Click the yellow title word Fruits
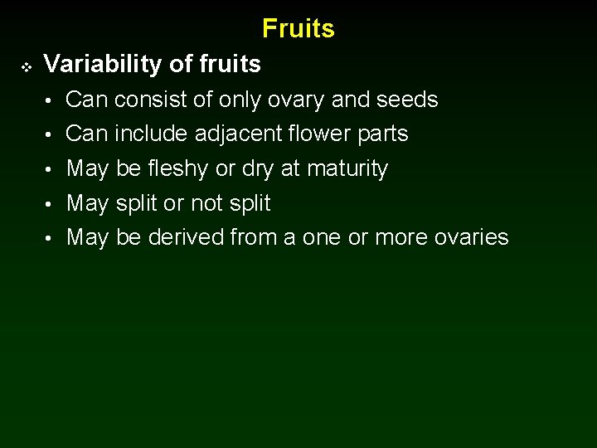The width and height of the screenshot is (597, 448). point(298,29)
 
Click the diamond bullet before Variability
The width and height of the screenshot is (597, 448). point(24,65)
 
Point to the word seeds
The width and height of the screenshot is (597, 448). point(406,100)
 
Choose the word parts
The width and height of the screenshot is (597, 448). point(382,134)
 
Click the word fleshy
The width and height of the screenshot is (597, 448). point(178,169)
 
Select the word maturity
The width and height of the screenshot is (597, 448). point(347,169)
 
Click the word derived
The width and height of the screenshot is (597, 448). point(185,238)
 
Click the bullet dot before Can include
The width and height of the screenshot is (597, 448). point(50,134)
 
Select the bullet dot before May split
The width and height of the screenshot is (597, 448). point(50,204)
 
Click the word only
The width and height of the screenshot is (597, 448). point(238,100)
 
